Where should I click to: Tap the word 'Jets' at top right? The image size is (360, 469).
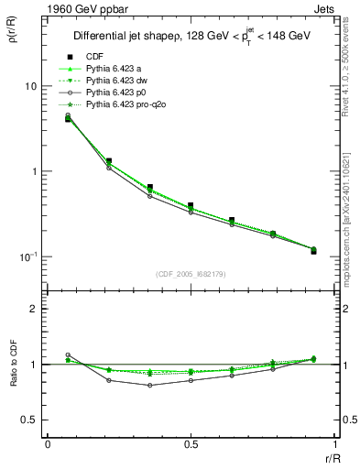tap(327, 10)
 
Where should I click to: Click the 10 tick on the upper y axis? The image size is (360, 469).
tap(30, 86)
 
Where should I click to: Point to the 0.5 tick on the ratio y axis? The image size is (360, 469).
tap(30, 420)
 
